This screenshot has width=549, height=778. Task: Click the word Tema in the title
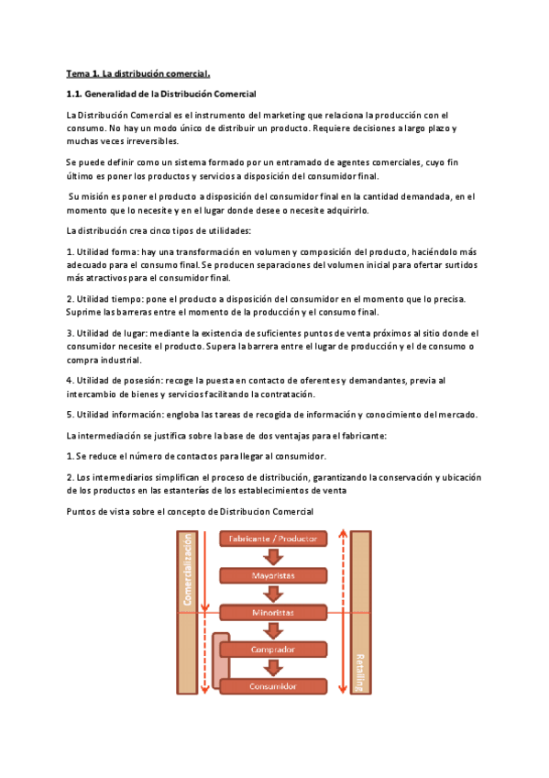(x=78, y=72)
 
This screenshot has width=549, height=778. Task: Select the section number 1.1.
(x=74, y=94)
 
